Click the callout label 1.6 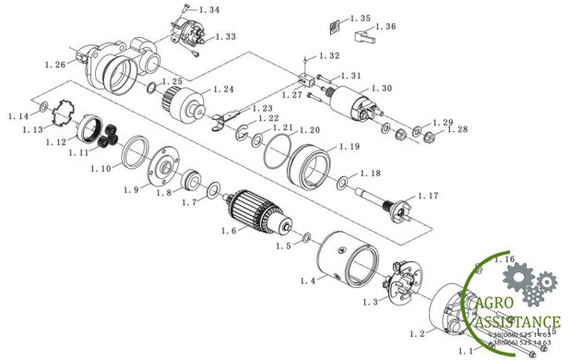[230, 231]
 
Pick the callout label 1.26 [55, 65]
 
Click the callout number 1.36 [386, 28]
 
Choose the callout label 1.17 [429, 196]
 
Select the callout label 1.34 [208, 10]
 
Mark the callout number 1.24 [224, 90]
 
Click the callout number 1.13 [32, 130]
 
